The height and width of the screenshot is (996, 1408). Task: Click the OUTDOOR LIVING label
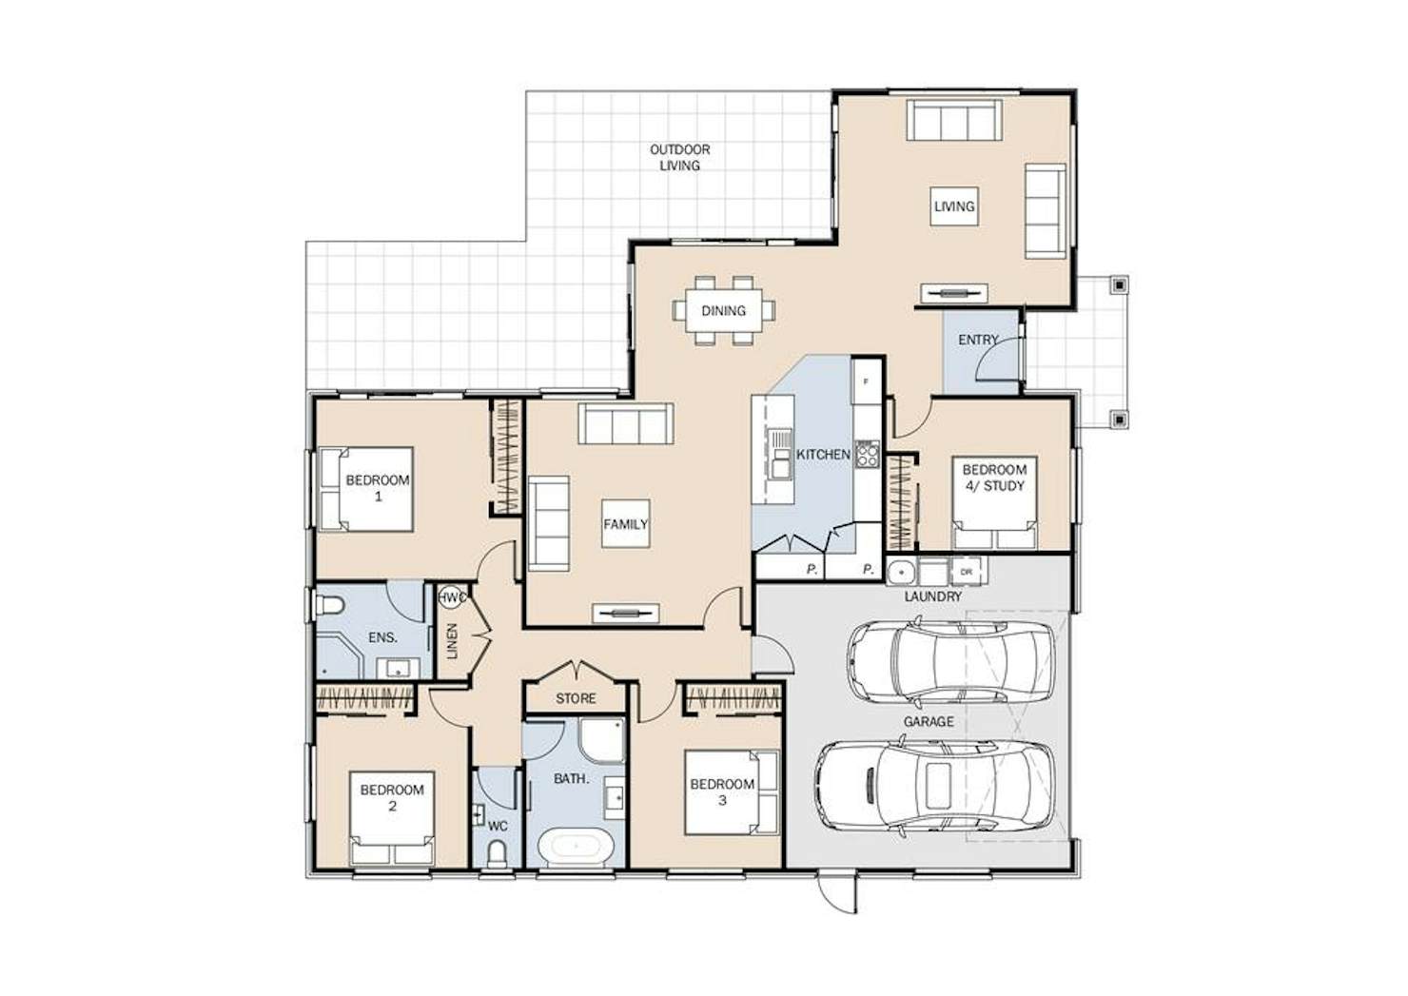pyautogui.click(x=679, y=158)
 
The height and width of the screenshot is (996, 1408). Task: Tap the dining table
pyautogui.click(x=723, y=310)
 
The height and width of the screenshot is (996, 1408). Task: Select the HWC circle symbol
pyautogui.click(x=451, y=597)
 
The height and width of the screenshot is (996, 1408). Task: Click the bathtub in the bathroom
pyautogui.click(x=577, y=847)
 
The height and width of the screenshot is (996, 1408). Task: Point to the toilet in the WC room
pyautogui.click(x=498, y=854)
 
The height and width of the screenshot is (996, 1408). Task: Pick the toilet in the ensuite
pyautogui.click(x=329, y=606)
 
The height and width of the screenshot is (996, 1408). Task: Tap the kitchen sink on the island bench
pyautogui.click(x=781, y=455)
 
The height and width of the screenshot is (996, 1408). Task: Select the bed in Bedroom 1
pyautogui.click(x=366, y=490)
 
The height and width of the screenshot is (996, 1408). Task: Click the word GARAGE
pyautogui.click(x=929, y=722)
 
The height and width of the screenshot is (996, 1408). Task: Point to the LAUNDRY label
pyautogui.click(x=932, y=597)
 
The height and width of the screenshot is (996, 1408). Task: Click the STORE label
pyautogui.click(x=576, y=699)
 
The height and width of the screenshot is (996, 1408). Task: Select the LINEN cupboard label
pyautogui.click(x=453, y=641)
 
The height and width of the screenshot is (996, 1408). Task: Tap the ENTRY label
pyautogui.click(x=978, y=340)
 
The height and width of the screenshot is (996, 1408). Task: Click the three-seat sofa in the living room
pyautogui.click(x=953, y=120)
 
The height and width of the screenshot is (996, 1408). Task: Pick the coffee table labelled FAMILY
pyautogui.click(x=625, y=524)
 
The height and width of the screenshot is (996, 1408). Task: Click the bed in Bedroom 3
pyautogui.click(x=732, y=792)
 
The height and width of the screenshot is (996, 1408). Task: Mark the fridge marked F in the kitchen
pyautogui.click(x=867, y=381)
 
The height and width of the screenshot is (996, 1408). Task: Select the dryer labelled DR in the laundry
pyautogui.click(x=968, y=571)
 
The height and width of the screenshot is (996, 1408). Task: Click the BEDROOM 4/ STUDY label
pyautogui.click(x=994, y=478)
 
